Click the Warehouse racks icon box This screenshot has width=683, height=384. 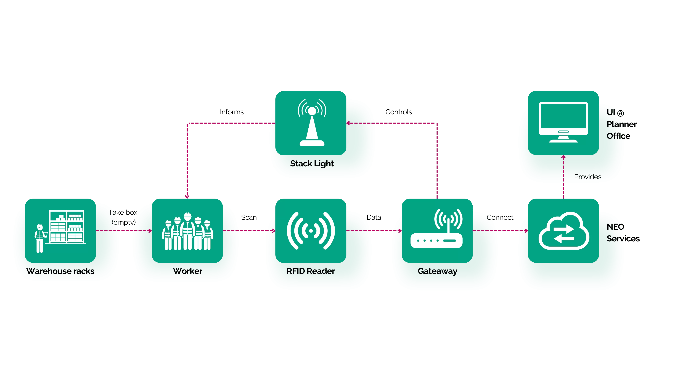60,231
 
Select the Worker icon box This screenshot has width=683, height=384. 187,231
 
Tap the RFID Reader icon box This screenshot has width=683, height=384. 311,231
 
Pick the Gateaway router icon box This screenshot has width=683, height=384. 437,231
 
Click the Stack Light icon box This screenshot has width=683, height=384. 311,123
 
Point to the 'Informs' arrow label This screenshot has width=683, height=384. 232,112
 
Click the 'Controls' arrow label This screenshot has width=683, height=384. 398,112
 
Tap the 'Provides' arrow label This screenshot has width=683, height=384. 587,177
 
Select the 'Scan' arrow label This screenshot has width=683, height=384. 249,217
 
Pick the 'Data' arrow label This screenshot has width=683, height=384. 374,217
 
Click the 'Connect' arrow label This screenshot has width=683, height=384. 500,217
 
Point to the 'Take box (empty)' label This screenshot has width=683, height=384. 123,217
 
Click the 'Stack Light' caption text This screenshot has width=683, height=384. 312,164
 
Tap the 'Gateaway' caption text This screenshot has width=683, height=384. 437,271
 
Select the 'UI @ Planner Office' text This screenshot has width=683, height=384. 621,124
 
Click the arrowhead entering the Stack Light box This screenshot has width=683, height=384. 348,123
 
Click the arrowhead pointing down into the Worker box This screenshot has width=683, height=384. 187,197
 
